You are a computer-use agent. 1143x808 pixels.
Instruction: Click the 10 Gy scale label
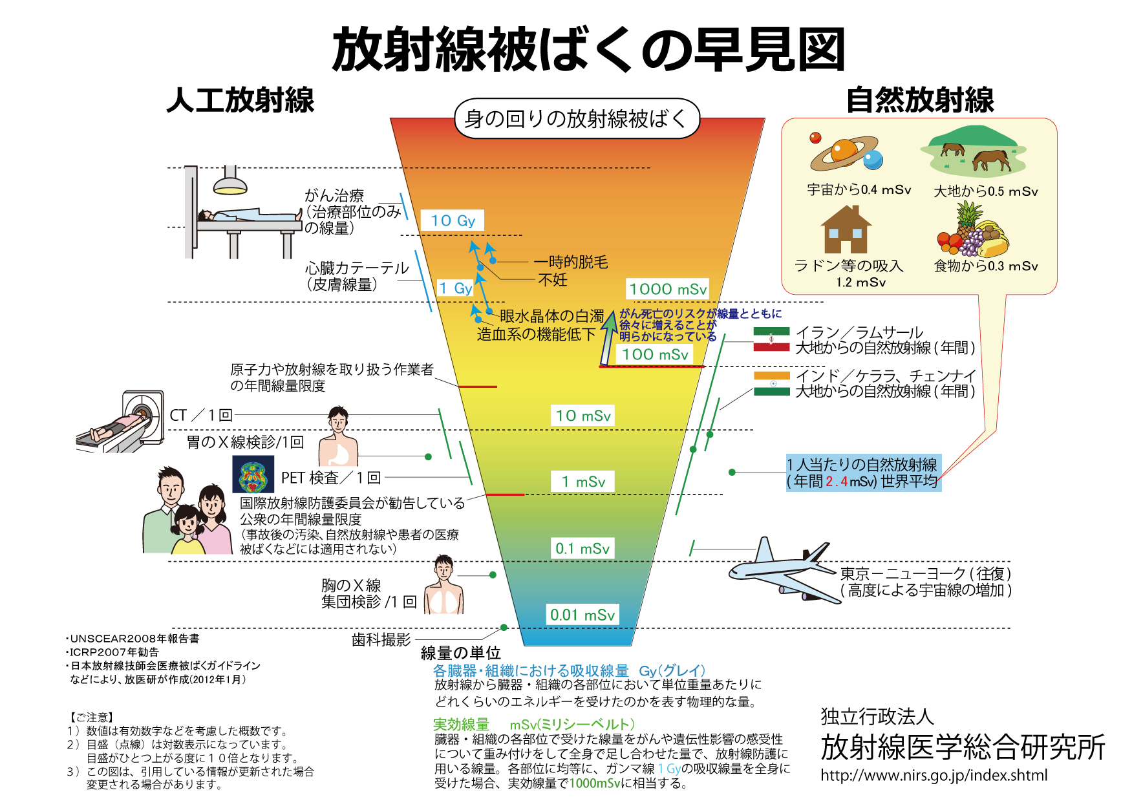pos(453,221)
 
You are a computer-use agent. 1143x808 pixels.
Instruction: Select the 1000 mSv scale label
pos(668,289)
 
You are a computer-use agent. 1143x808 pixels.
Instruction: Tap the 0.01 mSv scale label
pos(582,615)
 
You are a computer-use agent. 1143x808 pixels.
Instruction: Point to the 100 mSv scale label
pos(655,354)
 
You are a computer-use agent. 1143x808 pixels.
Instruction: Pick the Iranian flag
pos(771,339)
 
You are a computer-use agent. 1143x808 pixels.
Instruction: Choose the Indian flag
pos(772,383)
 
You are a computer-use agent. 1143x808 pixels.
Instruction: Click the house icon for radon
pos(846,230)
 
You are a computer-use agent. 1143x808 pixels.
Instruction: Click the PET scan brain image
pos(253,475)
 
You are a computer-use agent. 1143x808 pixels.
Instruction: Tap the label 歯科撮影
pos(381,640)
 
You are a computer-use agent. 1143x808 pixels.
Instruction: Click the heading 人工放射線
pos(240,100)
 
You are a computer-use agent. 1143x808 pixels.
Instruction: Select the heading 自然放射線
pos(920,100)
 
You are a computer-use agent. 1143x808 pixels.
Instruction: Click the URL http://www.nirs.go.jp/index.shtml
pos(934,775)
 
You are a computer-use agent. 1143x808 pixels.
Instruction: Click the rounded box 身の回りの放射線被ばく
pos(577,119)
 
